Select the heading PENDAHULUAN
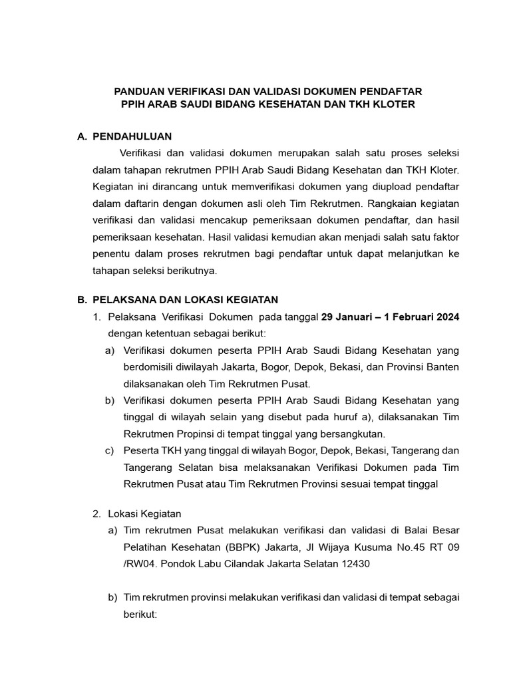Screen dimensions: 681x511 [x=132, y=136]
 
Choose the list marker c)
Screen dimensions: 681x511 [x=110, y=452]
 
